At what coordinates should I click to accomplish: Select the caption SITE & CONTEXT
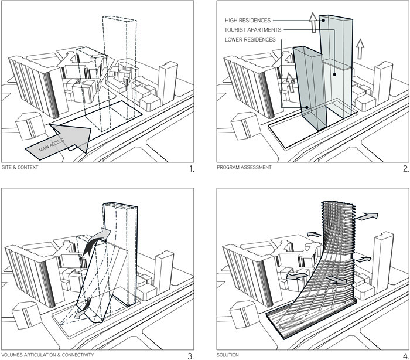(20, 168)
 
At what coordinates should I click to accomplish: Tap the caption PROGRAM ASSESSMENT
(244, 168)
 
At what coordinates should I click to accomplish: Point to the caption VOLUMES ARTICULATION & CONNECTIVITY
(48, 354)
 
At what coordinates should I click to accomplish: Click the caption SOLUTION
(228, 354)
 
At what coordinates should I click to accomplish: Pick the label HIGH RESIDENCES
(247, 21)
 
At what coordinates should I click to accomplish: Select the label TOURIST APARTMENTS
(253, 30)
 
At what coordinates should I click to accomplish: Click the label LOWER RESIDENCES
(250, 39)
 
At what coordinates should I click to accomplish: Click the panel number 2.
(405, 169)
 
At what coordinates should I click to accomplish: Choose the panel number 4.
(405, 355)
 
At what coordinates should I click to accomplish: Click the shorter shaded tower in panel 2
(310, 88)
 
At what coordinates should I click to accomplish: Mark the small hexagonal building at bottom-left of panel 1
(26, 126)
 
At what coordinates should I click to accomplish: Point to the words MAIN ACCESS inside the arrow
(52, 144)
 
